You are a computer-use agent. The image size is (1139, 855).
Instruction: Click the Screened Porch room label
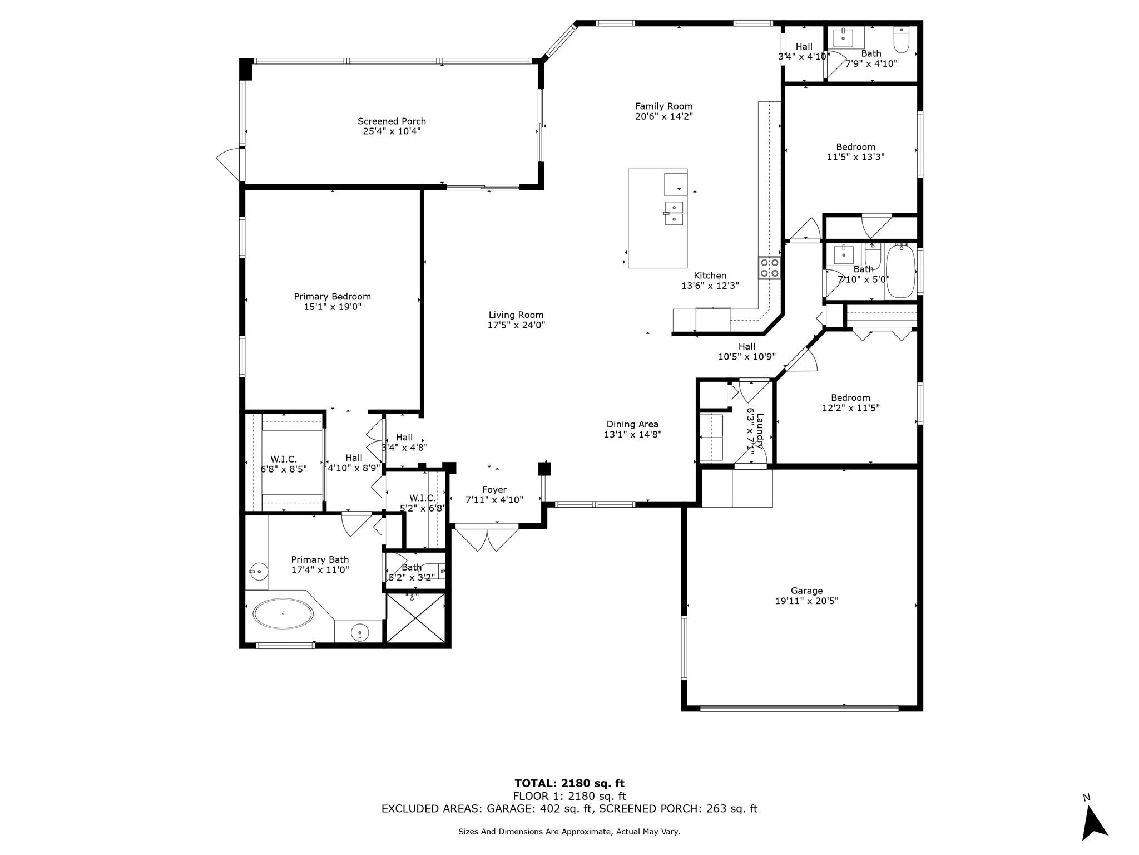point(392,121)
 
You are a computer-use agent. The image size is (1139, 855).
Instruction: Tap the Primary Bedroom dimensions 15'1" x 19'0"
point(333,307)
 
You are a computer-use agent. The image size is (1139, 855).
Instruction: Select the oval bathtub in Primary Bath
point(283,614)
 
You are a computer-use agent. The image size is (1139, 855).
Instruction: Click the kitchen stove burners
point(769,268)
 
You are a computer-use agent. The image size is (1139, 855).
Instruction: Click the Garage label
point(806,591)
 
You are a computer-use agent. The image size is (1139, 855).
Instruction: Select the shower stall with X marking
point(415,618)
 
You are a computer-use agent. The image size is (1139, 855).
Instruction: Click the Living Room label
point(516,315)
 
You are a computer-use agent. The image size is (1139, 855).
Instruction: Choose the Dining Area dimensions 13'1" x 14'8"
point(633,434)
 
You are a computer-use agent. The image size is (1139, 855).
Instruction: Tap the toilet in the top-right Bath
point(901,39)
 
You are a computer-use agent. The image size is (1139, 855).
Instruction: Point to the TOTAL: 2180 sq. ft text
point(569,784)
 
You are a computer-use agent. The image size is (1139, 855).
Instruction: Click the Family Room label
point(664,106)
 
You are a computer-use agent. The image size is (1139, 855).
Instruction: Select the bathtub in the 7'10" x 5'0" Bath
point(900,271)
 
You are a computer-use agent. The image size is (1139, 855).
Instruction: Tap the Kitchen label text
point(710,276)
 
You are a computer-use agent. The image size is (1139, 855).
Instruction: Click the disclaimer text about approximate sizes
point(569,832)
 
